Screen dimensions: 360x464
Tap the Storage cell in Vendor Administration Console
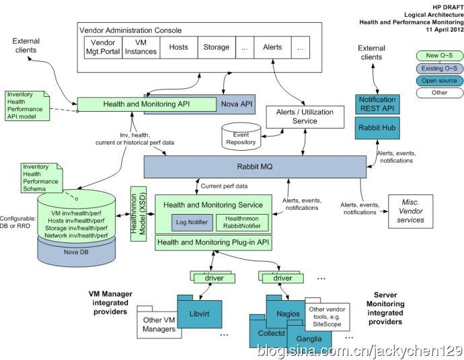pyautogui.click(x=217, y=48)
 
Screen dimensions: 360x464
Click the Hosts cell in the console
pyautogui.click(x=179, y=48)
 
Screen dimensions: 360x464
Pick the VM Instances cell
pyautogui.click(x=141, y=48)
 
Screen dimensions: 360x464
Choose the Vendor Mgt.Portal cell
pyautogui.click(x=103, y=48)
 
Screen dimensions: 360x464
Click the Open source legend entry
pyautogui.click(x=438, y=81)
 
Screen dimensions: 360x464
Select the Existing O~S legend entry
pyautogui.click(x=438, y=68)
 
